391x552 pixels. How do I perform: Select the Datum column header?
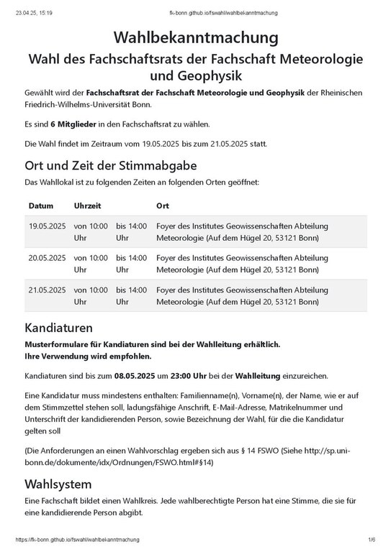tap(41, 206)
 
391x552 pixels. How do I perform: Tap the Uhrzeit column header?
tap(89, 206)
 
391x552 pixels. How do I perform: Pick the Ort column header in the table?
tap(163, 206)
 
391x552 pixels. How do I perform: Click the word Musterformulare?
tap(58, 345)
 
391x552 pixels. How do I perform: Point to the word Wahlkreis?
tap(132, 501)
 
